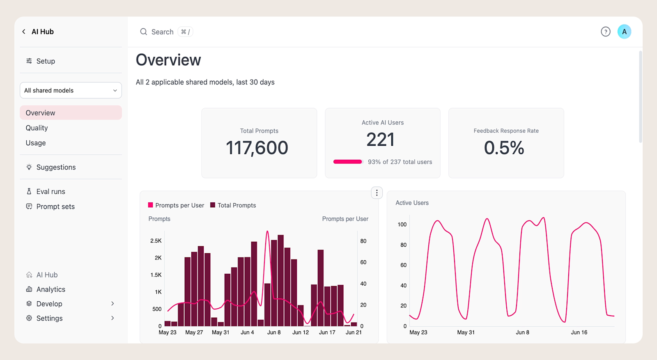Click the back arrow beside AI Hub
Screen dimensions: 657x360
[24, 32]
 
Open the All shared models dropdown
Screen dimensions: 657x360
[71, 90]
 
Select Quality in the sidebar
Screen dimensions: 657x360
[37, 128]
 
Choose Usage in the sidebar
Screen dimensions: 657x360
[36, 143]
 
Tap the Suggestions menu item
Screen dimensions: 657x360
[51, 167]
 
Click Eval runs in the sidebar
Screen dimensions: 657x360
[46, 191]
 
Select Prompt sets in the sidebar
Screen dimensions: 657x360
[50, 206]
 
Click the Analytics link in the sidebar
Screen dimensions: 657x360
[46, 289]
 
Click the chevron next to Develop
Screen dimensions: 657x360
[113, 303]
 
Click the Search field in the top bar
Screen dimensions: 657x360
[166, 32]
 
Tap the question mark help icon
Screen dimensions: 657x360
[605, 32]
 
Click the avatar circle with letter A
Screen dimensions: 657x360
[624, 32]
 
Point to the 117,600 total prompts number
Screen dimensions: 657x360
[257, 148]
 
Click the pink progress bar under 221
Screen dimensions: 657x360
[348, 162]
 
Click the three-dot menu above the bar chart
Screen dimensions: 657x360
[377, 193]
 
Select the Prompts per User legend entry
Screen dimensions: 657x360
[176, 205]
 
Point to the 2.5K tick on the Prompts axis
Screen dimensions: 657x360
[156, 241]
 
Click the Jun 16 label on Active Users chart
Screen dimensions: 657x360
[579, 332]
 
